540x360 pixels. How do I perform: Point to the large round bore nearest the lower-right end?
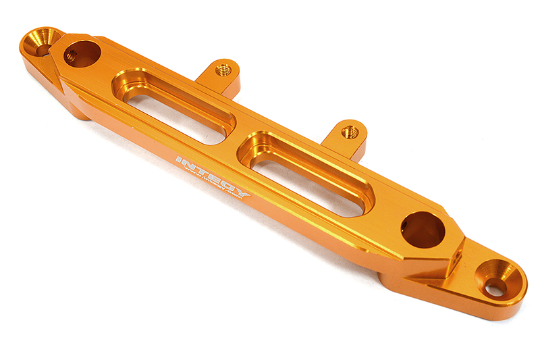pos(423,230)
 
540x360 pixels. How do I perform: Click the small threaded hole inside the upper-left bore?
pos(71,57)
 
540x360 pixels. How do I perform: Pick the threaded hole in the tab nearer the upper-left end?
pos(222,70)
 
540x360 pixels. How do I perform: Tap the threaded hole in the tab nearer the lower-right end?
pos(350,132)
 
